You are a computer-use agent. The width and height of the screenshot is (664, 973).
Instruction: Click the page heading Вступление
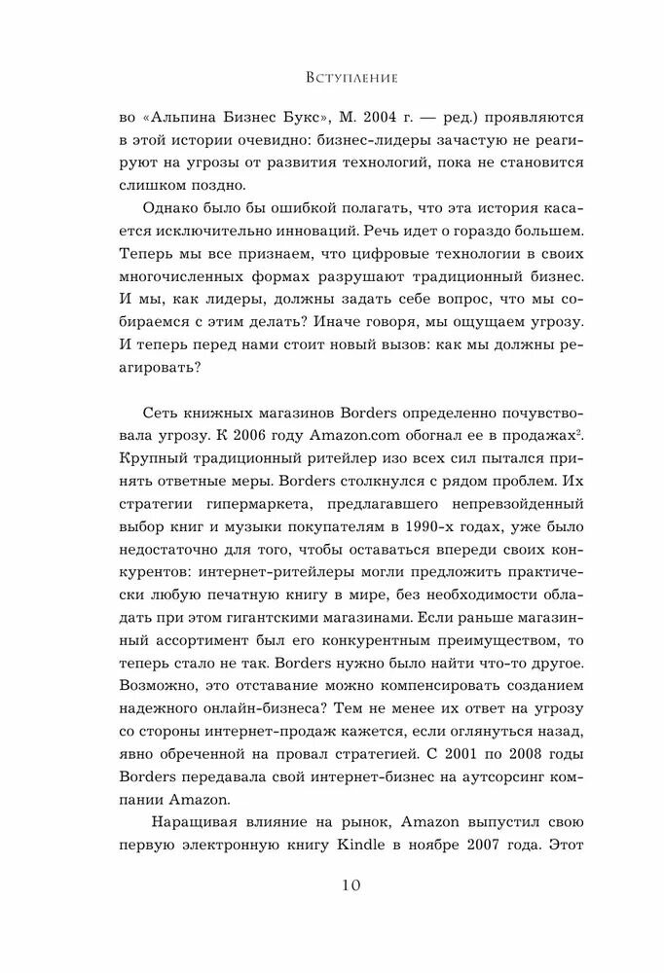[333, 74]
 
